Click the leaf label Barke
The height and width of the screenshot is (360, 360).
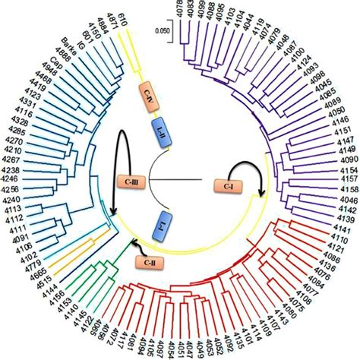71,49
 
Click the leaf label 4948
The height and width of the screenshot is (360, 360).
49,74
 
